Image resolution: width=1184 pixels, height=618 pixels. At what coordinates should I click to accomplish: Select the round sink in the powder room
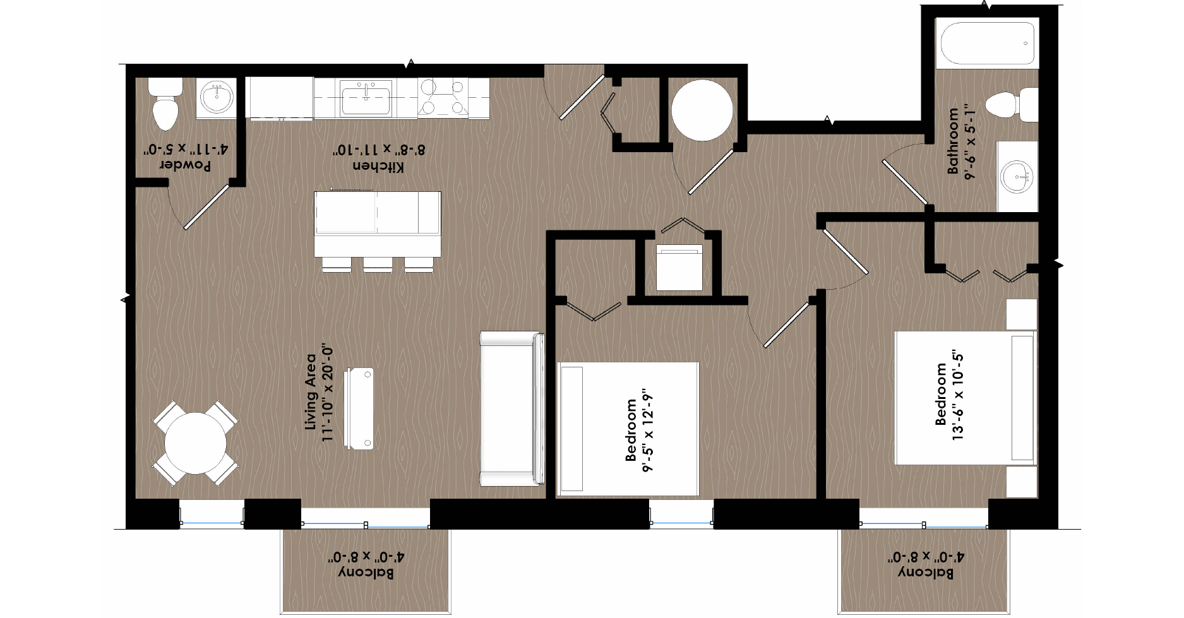[217, 97]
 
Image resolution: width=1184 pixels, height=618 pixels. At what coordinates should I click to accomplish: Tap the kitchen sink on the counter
[366, 97]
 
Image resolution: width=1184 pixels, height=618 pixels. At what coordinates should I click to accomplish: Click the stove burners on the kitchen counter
[443, 97]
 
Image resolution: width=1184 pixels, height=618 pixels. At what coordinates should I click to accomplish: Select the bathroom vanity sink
[1016, 176]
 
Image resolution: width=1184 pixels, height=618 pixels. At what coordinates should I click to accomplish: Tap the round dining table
[195, 443]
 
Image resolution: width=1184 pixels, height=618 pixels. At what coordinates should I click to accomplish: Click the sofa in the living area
[511, 408]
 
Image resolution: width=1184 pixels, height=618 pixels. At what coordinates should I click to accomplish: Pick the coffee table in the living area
[359, 409]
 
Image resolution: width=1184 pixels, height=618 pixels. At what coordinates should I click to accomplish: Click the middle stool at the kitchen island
[377, 264]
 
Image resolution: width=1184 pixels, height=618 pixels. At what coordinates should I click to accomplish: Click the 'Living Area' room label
[310, 392]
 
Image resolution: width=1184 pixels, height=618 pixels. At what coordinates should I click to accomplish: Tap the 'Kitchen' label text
[378, 166]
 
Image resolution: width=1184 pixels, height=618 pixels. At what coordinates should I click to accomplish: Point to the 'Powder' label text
[185, 165]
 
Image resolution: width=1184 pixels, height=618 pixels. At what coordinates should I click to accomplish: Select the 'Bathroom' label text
[952, 141]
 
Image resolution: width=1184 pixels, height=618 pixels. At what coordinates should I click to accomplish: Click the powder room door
[206, 207]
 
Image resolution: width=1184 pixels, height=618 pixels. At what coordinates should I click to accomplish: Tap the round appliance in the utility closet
[702, 110]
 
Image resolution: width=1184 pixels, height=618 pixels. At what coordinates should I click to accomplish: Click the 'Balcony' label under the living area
[366, 573]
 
